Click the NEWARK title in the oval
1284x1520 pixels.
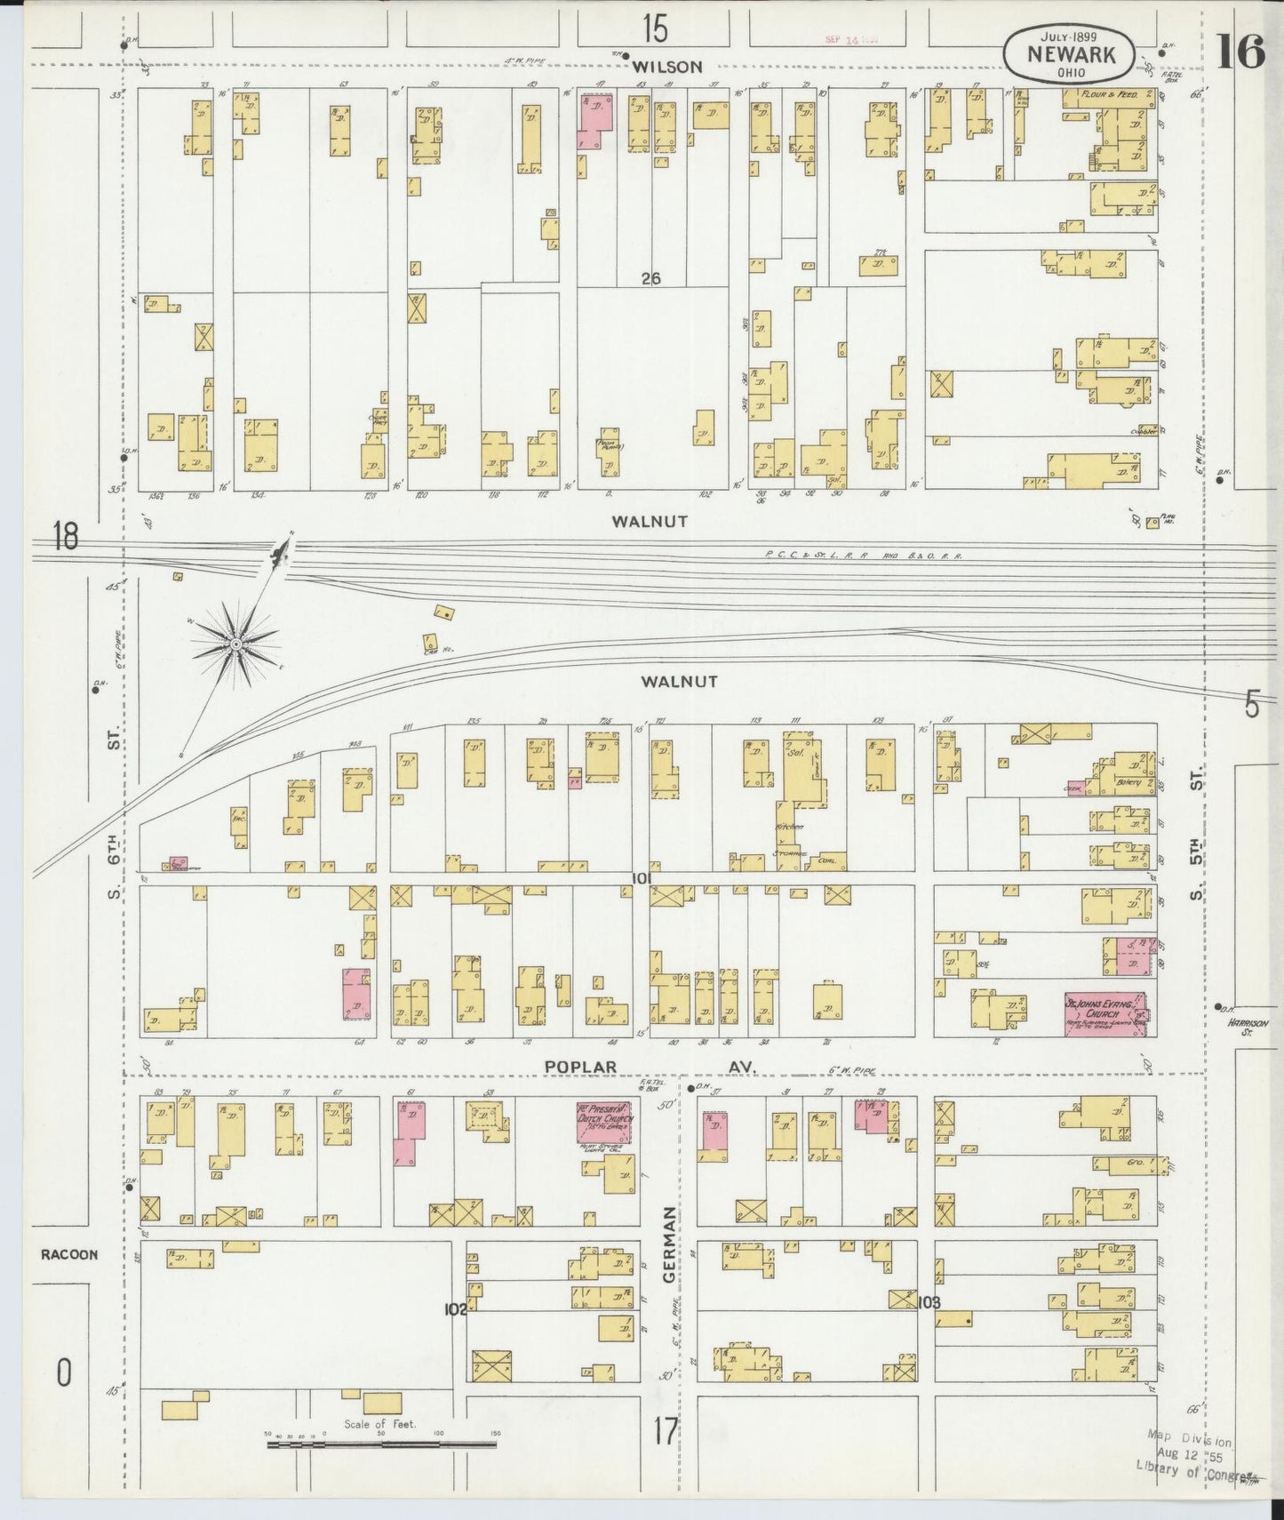(1069, 53)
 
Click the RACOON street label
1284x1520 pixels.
(68, 1255)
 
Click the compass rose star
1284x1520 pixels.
(236, 644)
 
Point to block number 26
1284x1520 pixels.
(651, 278)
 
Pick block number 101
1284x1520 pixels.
(642, 878)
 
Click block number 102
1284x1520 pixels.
(456, 1308)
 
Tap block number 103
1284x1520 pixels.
(929, 1302)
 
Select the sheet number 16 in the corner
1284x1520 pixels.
(1240, 53)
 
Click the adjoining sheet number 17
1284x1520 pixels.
(666, 1430)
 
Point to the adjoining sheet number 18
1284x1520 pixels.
(66, 538)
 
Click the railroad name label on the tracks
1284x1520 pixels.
(864, 556)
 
